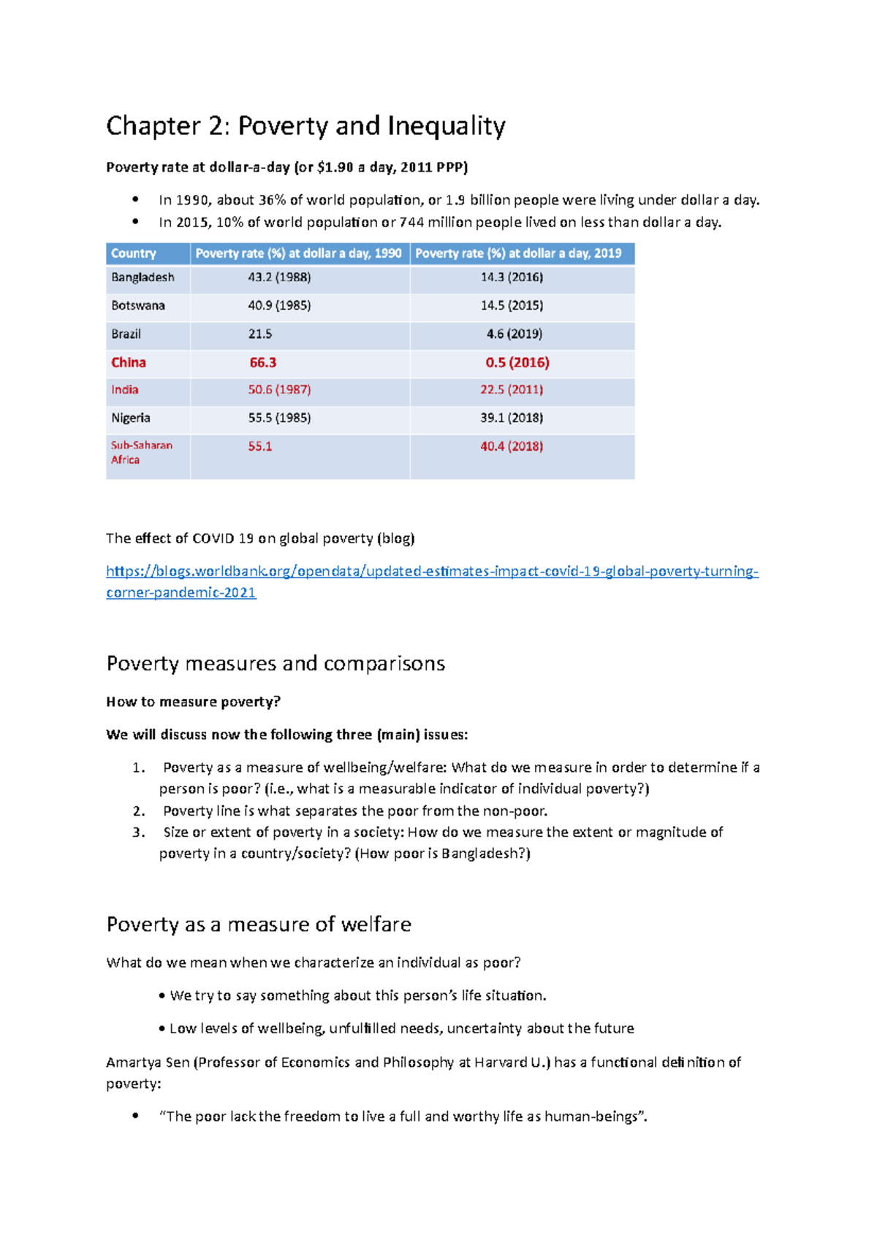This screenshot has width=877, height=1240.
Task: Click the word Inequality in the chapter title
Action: tap(446, 126)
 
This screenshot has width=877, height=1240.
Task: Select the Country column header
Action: tap(134, 253)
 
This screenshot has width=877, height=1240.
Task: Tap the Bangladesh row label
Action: tap(143, 278)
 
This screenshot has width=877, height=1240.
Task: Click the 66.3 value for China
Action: tap(263, 362)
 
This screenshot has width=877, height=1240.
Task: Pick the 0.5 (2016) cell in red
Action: tap(517, 362)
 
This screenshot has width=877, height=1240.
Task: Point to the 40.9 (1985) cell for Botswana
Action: tap(279, 305)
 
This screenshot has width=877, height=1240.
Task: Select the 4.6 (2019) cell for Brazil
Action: tap(515, 334)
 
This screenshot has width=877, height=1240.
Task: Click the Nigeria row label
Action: tap(131, 418)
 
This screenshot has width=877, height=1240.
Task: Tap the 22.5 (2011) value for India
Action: tap(512, 390)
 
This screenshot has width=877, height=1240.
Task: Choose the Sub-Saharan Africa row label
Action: tap(141, 452)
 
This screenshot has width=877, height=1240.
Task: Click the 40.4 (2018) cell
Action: tap(512, 446)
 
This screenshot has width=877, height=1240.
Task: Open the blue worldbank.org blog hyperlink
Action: tap(432, 571)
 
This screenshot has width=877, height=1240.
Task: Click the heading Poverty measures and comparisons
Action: tap(276, 663)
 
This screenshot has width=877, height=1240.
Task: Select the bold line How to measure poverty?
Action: tap(194, 702)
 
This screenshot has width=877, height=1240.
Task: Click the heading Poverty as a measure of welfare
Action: tap(259, 925)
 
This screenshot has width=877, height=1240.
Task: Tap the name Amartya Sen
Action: tap(148, 1063)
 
